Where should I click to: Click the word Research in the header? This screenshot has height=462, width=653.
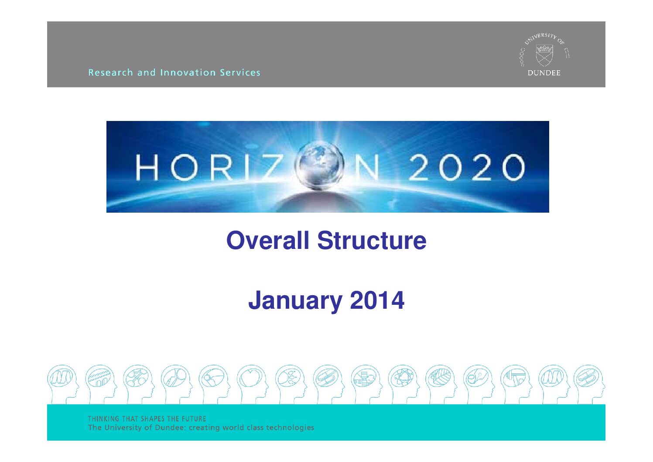(x=110, y=72)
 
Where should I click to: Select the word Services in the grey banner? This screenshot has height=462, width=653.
(x=240, y=72)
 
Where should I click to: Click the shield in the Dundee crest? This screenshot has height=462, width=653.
(x=544, y=55)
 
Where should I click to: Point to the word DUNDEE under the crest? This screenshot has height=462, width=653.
(x=544, y=73)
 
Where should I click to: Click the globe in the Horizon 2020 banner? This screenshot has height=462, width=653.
(x=319, y=165)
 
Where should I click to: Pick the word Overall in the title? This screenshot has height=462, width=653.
(x=268, y=241)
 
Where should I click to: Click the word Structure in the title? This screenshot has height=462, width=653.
(x=372, y=241)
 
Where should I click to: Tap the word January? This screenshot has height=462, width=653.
(x=295, y=301)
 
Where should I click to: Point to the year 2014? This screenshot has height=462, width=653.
(x=377, y=300)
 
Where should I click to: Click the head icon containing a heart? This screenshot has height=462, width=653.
(x=252, y=384)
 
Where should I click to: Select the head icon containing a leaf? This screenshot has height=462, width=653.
(x=441, y=384)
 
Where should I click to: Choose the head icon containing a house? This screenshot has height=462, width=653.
(x=366, y=384)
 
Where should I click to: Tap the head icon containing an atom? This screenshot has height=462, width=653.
(x=403, y=384)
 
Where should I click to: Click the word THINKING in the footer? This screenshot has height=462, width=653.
(x=103, y=419)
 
